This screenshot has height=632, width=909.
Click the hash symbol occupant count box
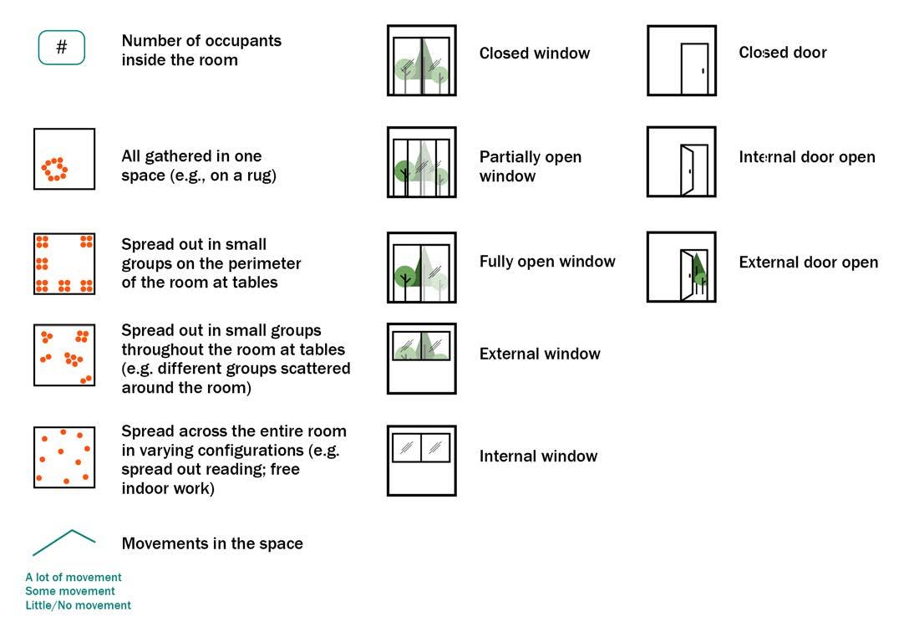pyautogui.click(x=62, y=48)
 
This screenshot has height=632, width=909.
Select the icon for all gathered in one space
pyautogui.click(x=64, y=159)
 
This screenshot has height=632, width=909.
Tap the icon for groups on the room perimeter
pyautogui.click(x=64, y=264)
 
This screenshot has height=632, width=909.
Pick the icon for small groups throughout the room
pyautogui.click(x=64, y=355)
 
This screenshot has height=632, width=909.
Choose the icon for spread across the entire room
pyautogui.click(x=64, y=457)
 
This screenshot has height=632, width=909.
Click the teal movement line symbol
pyautogui.click(x=64, y=543)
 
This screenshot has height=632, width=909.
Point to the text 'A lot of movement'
pyautogui.click(x=74, y=578)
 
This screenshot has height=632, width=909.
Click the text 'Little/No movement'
pyautogui.click(x=79, y=605)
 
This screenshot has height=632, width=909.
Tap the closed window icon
pyautogui.click(x=422, y=60)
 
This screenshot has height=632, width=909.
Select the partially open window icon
pyautogui.click(x=422, y=162)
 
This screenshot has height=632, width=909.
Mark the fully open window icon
pyautogui.click(x=422, y=268)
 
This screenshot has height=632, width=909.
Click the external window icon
pyautogui.click(x=422, y=359)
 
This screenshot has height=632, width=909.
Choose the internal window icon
pyautogui.click(x=422, y=461)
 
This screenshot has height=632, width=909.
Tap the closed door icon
pyautogui.click(x=682, y=60)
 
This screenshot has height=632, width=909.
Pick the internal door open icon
pyautogui.click(x=682, y=162)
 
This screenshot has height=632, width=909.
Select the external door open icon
pyautogui.click(x=682, y=268)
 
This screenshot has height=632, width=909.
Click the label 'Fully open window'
pyautogui.click(x=547, y=262)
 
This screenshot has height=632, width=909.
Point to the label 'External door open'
pyautogui.click(x=808, y=262)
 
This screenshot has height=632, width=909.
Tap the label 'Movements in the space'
pyautogui.click(x=212, y=544)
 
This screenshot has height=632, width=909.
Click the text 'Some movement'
pyautogui.click(x=70, y=591)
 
